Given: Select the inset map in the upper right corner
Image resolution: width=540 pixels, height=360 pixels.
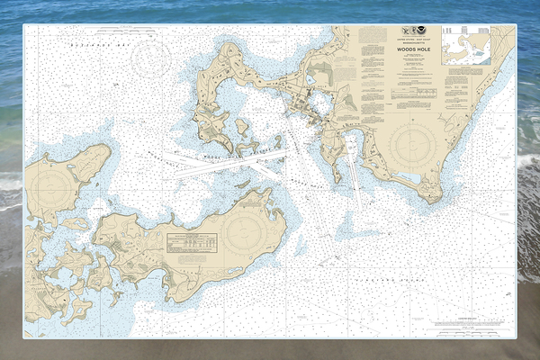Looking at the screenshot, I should click(x=466, y=45).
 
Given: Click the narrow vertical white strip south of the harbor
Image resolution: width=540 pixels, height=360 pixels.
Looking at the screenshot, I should click(x=355, y=184).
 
